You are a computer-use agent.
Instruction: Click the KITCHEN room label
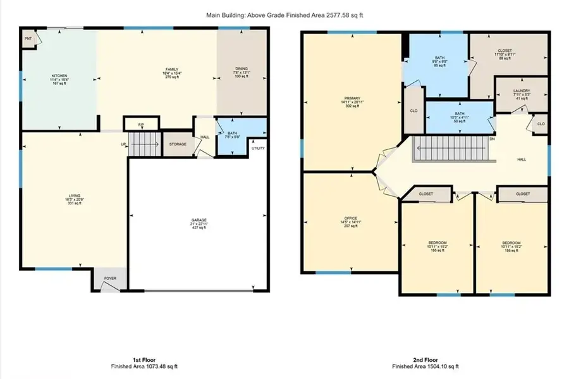[59, 76]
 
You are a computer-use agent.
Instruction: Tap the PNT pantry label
[28, 39]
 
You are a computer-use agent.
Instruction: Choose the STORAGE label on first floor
[178, 144]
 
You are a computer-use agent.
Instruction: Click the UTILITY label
[258, 148]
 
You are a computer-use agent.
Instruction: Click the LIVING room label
[74, 196]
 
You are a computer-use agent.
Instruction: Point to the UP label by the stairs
[124, 144]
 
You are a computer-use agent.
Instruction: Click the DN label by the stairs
[492, 139]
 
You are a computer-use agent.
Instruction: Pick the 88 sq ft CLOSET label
[505, 51]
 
